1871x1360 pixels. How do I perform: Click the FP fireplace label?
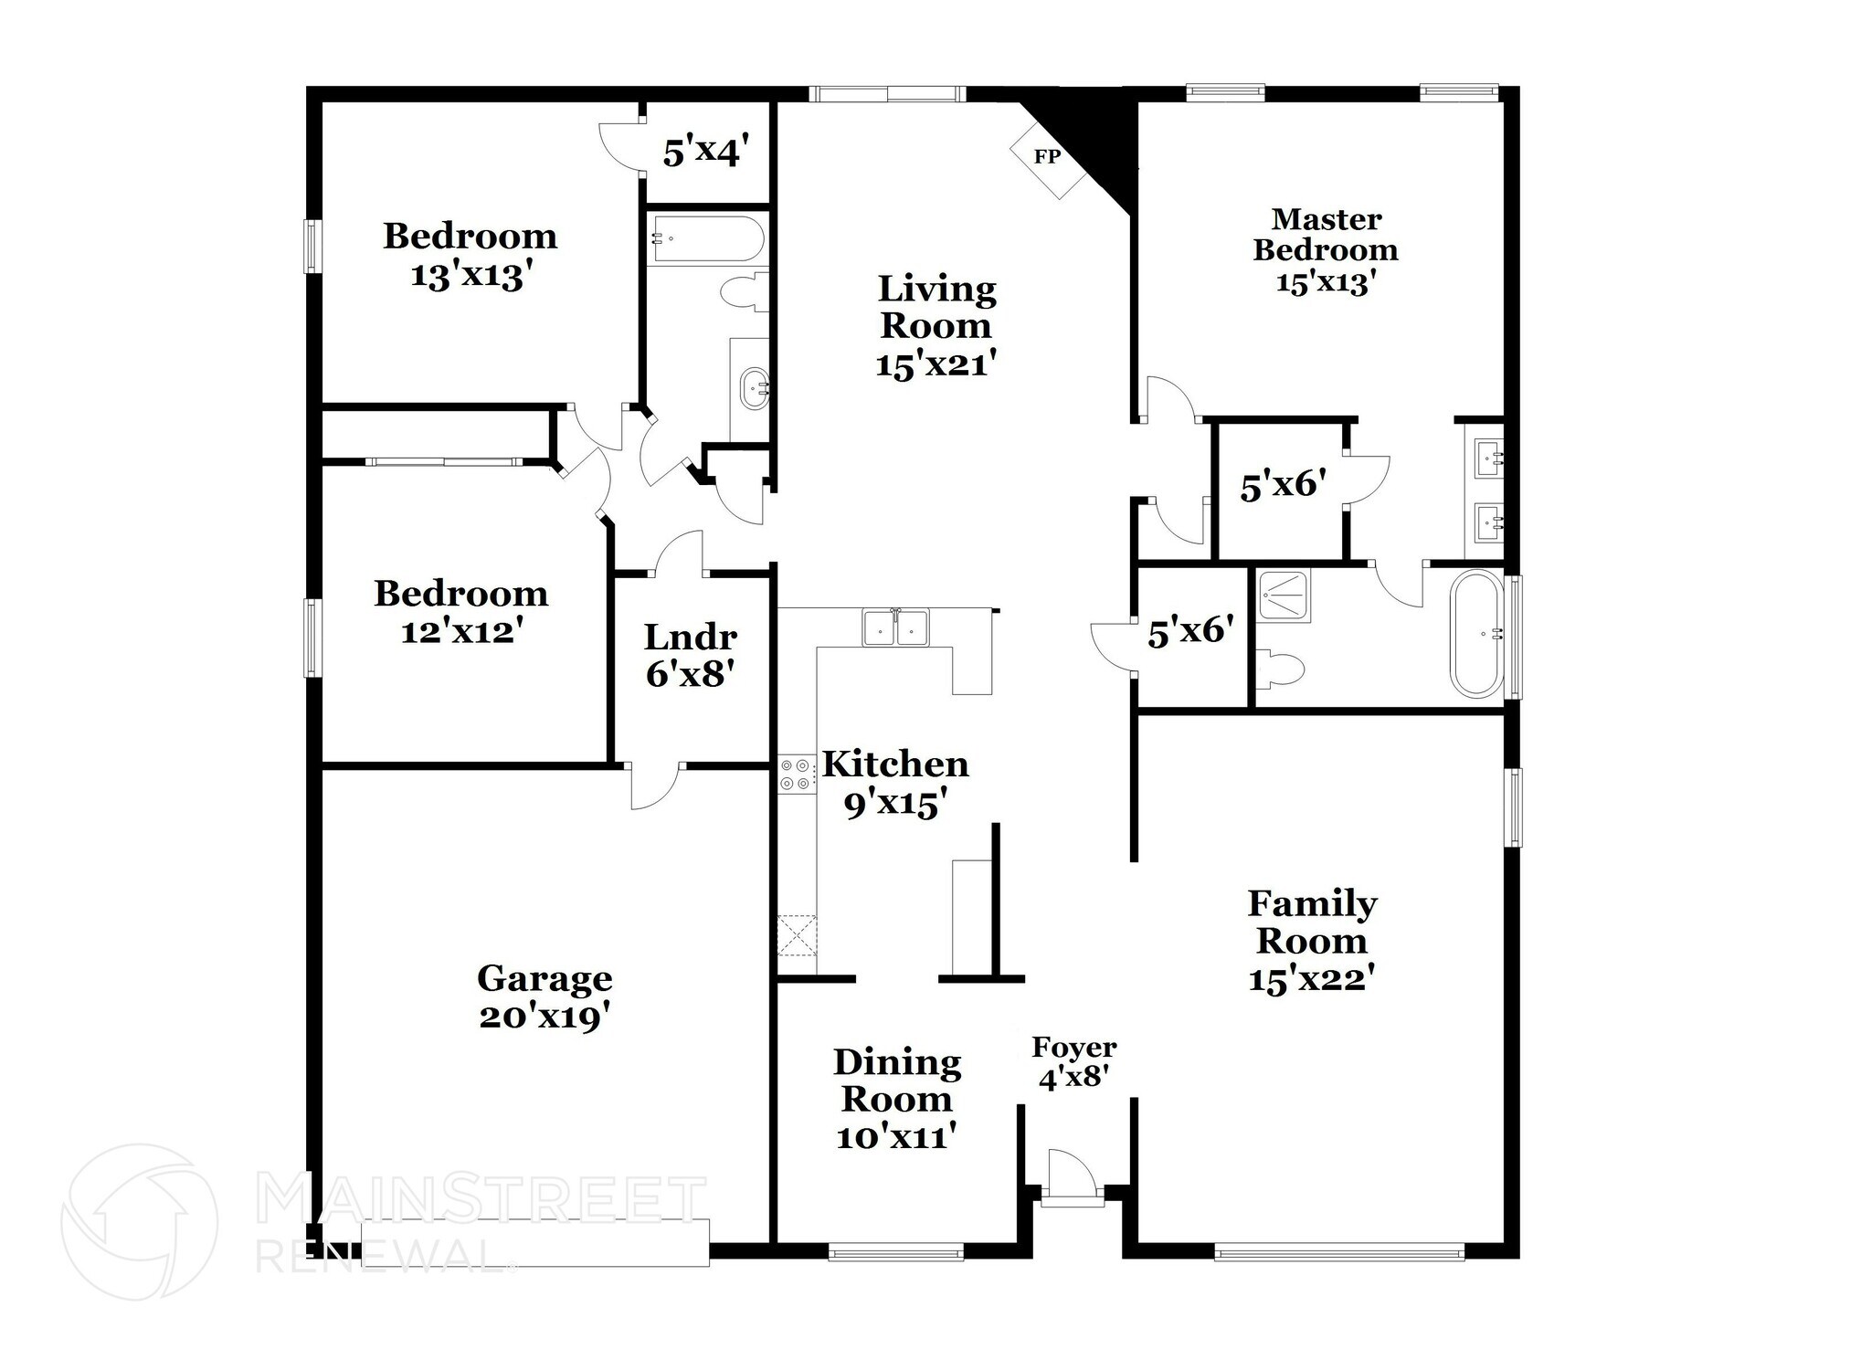click(1047, 156)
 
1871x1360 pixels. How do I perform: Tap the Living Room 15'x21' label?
click(936, 326)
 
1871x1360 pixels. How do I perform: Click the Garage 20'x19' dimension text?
click(544, 1017)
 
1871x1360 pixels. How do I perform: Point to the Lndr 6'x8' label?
click(691, 655)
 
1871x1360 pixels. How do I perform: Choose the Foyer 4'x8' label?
click(1074, 1062)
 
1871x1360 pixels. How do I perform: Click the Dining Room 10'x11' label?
click(897, 1099)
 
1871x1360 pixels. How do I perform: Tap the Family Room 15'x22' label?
click(1312, 941)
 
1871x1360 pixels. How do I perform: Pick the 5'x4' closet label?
click(707, 152)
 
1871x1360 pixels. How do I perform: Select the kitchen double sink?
click(895, 627)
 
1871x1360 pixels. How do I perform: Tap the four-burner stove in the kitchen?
click(796, 774)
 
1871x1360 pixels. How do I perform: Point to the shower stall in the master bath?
click(1283, 596)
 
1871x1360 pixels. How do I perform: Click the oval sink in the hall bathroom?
click(755, 387)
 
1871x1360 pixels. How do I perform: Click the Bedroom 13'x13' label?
click(470, 255)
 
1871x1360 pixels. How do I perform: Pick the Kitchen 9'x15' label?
click(894, 784)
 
